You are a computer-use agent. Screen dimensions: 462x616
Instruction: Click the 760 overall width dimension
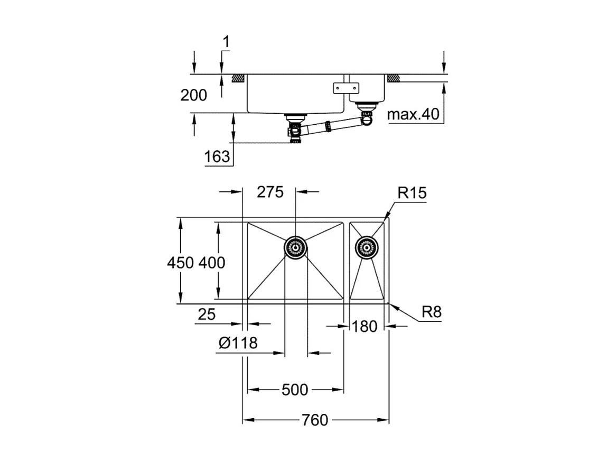coord(315,420)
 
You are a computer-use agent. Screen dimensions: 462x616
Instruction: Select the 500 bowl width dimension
coord(295,390)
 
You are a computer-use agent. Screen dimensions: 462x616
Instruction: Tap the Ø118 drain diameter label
coord(238,344)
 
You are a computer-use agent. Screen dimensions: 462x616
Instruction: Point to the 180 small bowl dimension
coord(365,326)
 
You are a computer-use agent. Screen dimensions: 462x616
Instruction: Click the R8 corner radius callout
coord(432,312)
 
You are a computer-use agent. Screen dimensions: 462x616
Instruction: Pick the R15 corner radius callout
coord(412,193)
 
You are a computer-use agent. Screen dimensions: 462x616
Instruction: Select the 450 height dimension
coord(181,262)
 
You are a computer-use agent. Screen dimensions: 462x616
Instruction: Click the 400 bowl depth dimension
coord(212,262)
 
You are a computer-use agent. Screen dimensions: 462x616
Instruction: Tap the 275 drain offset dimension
coord(270,191)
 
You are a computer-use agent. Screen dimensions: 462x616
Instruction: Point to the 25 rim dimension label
coord(207,315)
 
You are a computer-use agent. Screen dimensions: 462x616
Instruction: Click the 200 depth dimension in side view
coord(194,95)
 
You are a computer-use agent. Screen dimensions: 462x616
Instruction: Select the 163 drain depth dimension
coord(217,156)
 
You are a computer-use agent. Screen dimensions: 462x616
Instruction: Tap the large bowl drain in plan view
coord(295,247)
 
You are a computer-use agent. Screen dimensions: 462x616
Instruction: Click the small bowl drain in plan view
coord(366,246)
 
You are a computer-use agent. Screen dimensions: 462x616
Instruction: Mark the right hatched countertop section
coord(394,78)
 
